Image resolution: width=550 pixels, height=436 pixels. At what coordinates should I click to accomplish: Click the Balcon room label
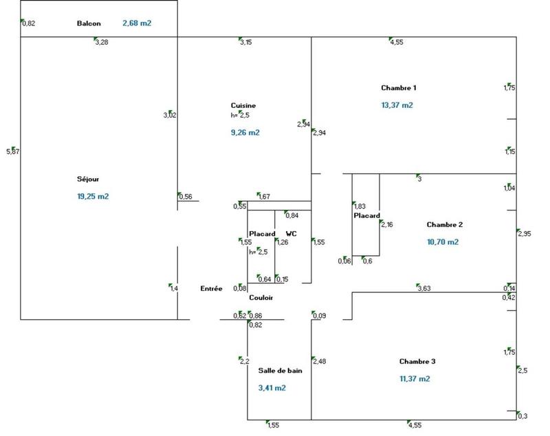coord(89,23)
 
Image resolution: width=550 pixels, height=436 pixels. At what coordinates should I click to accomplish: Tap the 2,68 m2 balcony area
coord(137,23)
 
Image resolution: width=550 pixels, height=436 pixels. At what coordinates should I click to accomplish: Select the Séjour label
coord(88,179)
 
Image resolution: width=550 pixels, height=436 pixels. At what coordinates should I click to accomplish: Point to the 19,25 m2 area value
coord(93,196)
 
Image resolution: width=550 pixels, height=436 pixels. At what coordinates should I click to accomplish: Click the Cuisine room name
coord(243,105)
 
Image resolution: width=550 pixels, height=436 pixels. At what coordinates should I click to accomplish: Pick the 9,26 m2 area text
coord(245,132)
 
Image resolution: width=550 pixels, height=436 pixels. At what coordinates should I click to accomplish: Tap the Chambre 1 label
coord(399,88)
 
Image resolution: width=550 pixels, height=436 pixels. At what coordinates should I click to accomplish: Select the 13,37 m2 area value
coord(397,105)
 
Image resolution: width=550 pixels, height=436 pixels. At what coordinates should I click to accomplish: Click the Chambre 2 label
coord(445,225)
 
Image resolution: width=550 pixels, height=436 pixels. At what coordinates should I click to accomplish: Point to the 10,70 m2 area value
coord(443,242)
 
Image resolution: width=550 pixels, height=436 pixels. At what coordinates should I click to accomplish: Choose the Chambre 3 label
coord(417,362)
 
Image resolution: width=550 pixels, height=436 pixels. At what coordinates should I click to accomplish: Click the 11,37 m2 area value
coord(415,379)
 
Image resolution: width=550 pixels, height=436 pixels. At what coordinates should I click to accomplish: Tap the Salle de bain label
coord(280,371)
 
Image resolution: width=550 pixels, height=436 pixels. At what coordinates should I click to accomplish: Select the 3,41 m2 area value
coord(272,388)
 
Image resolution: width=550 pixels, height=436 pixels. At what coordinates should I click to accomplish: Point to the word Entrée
coord(211,289)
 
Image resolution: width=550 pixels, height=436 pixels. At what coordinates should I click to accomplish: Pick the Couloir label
coord(261,298)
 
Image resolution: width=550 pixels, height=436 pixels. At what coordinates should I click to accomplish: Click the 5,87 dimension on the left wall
coord(12,151)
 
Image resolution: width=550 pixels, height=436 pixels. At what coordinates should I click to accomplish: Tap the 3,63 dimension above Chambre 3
coord(423,289)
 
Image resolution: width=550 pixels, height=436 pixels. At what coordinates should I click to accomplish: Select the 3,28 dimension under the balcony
coord(101,43)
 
